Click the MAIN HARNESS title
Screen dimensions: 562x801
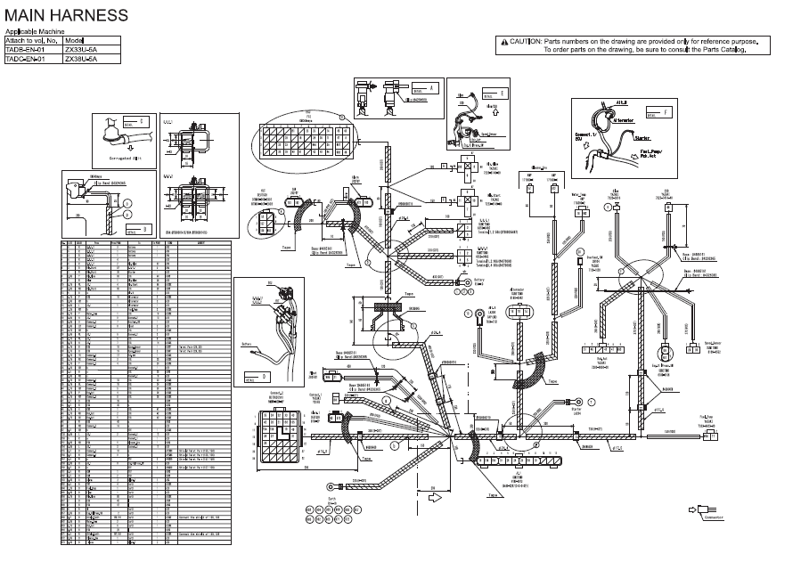click(66, 16)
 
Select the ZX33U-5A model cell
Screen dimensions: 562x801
click(79, 50)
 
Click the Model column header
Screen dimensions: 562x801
click(74, 41)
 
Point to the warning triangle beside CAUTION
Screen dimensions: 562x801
click(503, 42)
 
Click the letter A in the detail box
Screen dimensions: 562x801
click(430, 88)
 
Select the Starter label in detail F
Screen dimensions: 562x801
click(642, 139)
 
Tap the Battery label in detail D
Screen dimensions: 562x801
click(247, 341)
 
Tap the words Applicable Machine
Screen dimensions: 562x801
click(36, 32)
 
